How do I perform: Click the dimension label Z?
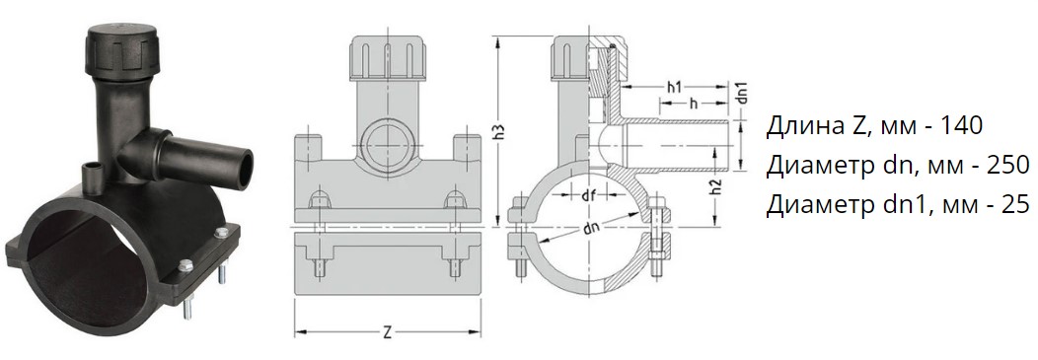click(388, 332)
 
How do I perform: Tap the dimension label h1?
click(675, 86)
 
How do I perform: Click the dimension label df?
click(587, 195)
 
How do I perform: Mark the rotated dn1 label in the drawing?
click(742, 93)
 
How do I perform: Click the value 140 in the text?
click(961, 125)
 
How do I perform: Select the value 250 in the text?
click(1006, 166)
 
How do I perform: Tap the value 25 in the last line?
click(1015, 205)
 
